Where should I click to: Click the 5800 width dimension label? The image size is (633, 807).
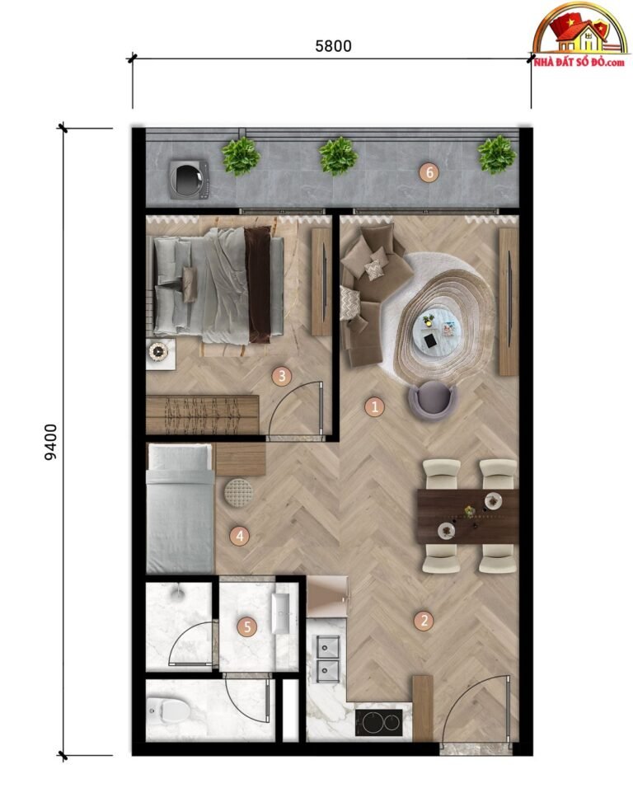coord(333,46)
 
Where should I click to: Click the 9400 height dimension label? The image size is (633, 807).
coord(50,442)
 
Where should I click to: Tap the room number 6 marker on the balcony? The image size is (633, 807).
coord(429,173)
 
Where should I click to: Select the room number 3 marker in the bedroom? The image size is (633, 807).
coord(282,376)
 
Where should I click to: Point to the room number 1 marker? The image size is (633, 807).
coord(374,407)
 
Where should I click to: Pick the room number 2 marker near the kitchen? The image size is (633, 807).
coord(424,621)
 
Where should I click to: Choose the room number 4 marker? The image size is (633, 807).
coord(239,537)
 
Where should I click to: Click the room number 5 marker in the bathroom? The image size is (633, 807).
coord(247,626)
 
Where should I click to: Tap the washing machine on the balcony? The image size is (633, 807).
coord(189,180)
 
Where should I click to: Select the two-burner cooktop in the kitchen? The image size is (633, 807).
coord(379,723)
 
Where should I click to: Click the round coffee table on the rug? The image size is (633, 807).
coord(437,331)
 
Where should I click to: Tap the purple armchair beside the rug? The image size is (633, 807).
coord(433,400)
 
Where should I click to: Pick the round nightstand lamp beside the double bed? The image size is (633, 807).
coord(158,351)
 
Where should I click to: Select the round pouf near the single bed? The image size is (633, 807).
coord(239,493)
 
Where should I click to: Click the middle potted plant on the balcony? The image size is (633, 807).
coord(338,156)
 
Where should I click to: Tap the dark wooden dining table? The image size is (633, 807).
coord(468,516)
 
